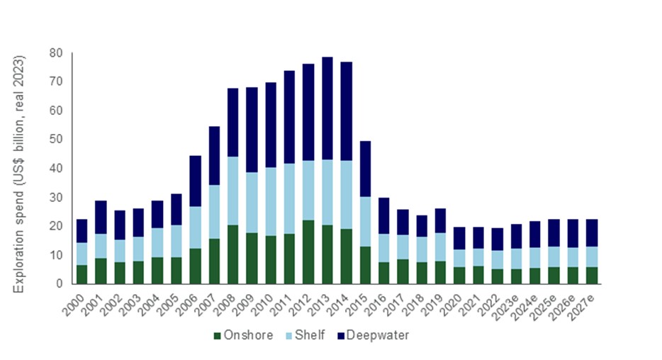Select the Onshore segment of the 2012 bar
coord(308,252)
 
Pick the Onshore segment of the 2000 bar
coord(82,274)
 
